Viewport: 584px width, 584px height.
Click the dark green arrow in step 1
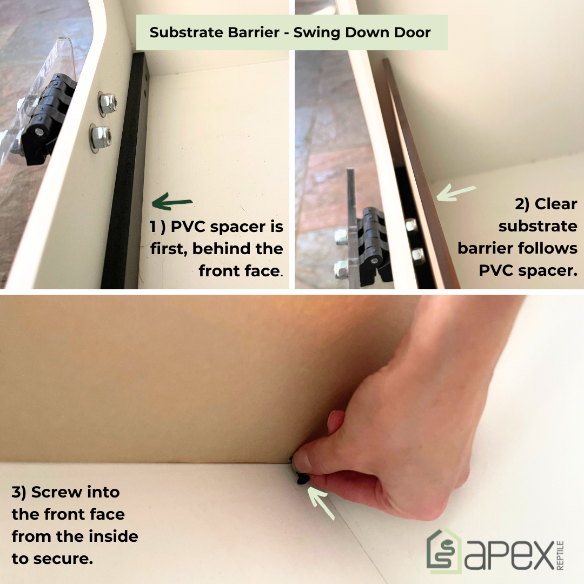point(172,202)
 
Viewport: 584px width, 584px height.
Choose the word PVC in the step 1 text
point(188,227)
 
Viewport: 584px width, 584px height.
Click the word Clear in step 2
point(556,204)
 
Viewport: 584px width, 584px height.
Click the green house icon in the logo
point(444,550)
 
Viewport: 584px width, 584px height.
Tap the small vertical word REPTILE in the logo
point(560,555)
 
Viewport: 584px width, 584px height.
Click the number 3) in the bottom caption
point(19,493)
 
